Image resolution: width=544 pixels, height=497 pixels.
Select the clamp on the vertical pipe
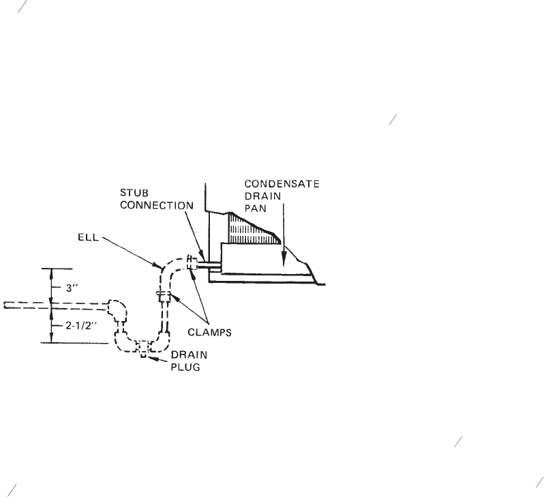coord(164,297)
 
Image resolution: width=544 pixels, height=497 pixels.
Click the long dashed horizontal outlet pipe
coord(55,304)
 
